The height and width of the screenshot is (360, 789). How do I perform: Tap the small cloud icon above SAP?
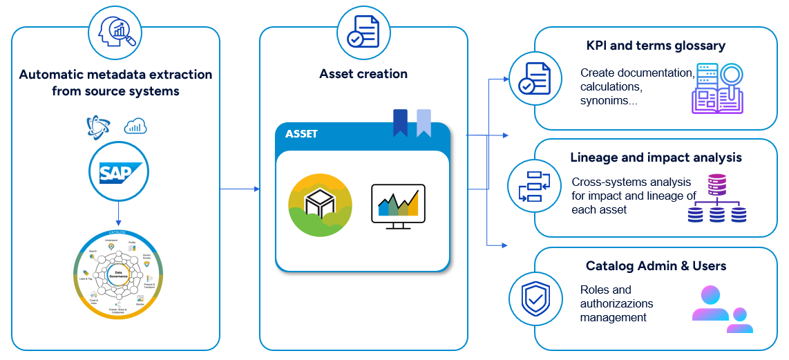click(135, 126)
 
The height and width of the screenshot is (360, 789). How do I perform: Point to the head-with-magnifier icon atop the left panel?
click(115, 31)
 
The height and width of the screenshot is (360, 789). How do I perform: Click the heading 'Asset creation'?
click(363, 74)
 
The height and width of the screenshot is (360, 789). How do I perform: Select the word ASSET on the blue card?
click(301, 134)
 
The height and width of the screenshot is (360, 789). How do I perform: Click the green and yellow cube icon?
click(320, 205)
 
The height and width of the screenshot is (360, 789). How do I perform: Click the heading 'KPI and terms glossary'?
click(655, 46)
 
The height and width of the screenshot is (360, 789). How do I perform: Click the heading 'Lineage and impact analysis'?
click(656, 158)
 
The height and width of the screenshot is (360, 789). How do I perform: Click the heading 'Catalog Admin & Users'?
click(656, 266)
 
